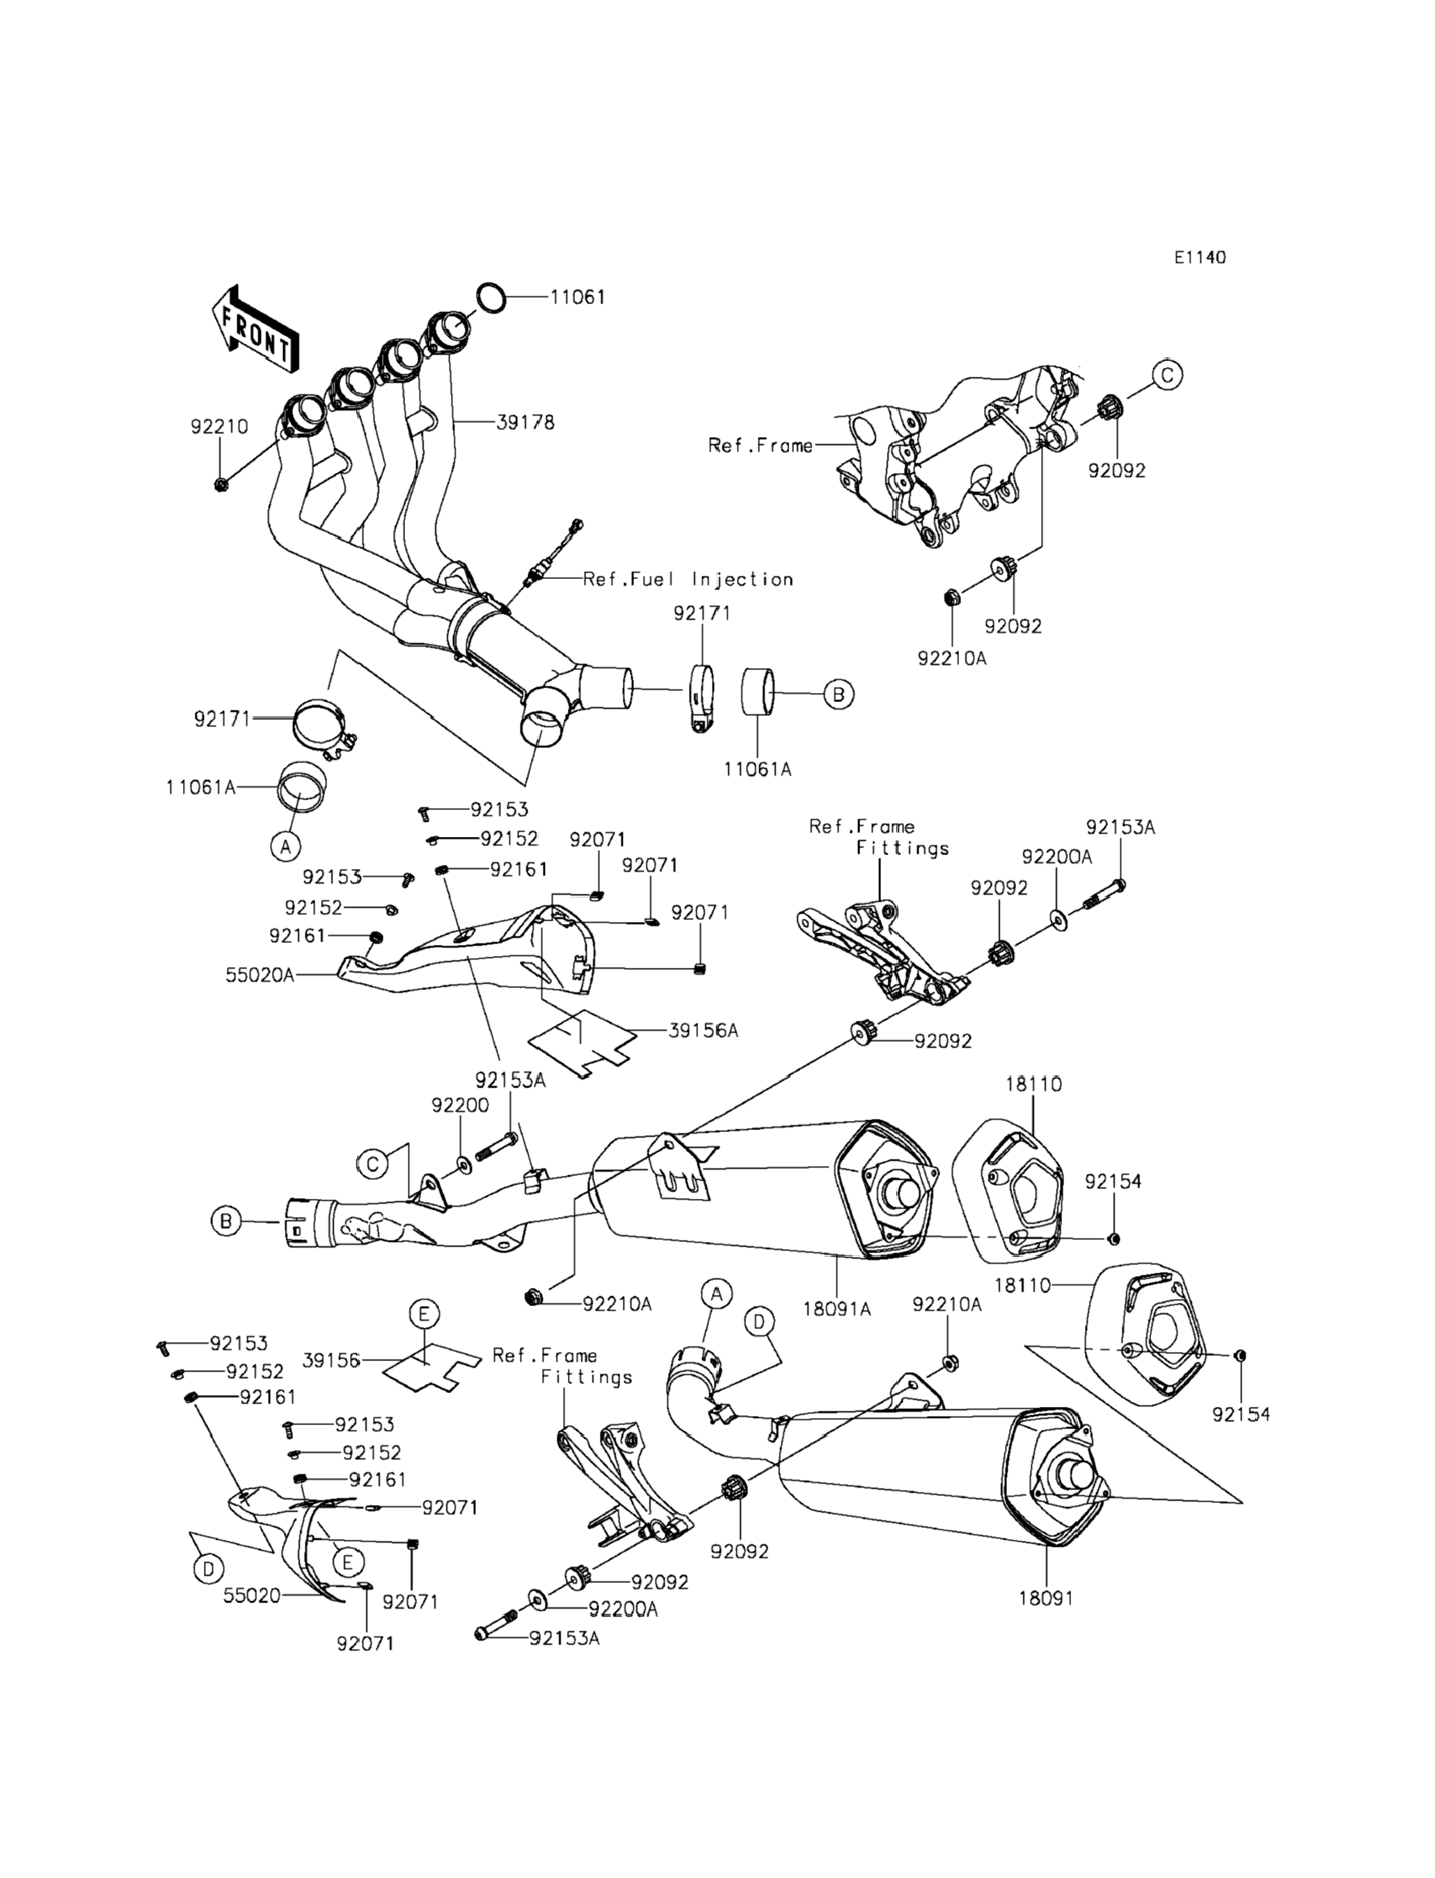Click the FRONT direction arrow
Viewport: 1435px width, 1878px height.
pyautogui.click(x=255, y=330)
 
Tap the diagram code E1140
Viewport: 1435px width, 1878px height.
pyautogui.click(x=1199, y=257)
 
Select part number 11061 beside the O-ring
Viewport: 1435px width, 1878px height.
pyautogui.click(x=578, y=297)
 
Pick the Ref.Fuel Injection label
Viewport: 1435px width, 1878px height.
pyautogui.click(x=688, y=579)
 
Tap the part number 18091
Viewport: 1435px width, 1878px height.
pyautogui.click(x=1045, y=1598)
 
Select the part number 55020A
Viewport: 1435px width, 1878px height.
pyautogui.click(x=260, y=974)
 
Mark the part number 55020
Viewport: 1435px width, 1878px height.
pyautogui.click(x=252, y=1595)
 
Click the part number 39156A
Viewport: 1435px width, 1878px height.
pyautogui.click(x=703, y=1030)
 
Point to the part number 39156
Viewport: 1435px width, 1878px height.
pyautogui.click(x=331, y=1360)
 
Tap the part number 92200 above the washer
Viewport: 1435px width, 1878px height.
pyautogui.click(x=461, y=1105)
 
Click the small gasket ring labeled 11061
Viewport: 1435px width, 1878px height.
pyautogui.click(x=489, y=298)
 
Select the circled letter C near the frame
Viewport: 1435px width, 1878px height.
pyautogui.click(x=1167, y=374)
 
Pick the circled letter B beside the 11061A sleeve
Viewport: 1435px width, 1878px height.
pyautogui.click(x=839, y=695)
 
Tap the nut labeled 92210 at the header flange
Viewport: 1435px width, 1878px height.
pyautogui.click(x=221, y=485)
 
